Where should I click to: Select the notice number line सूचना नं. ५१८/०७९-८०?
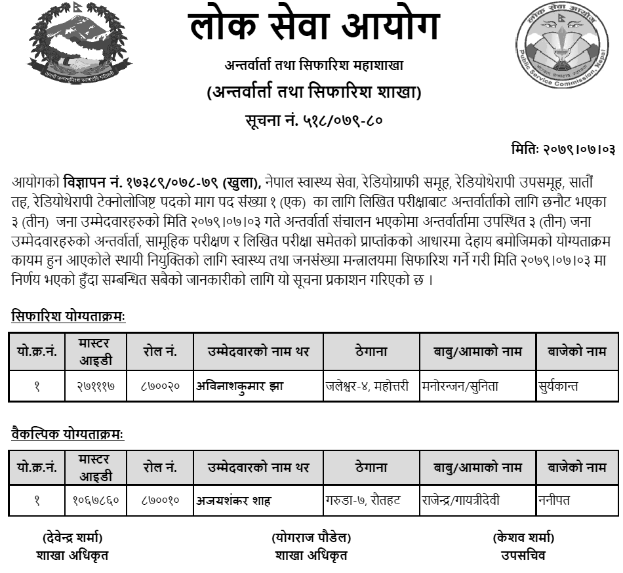pos(313,121)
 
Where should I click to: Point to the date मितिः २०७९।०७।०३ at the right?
pos(563,149)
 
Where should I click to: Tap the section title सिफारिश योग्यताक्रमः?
pos(68,317)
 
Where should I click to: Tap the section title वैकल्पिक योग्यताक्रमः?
pos(68,434)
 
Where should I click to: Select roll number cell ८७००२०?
pos(160,386)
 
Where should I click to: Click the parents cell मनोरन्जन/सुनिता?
pos(460,386)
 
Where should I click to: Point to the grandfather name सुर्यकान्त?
pos(558,386)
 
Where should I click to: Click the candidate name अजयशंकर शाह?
pos(234,501)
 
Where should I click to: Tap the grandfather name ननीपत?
pos(553,501)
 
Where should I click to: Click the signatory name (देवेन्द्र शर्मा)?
pos(72,538)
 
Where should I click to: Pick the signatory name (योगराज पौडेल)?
pos(311,538)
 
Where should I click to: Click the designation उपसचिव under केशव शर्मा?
pos(523,555)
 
